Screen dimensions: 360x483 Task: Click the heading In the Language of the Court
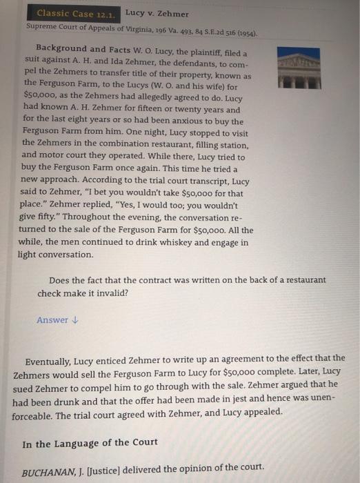click(90, 443)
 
